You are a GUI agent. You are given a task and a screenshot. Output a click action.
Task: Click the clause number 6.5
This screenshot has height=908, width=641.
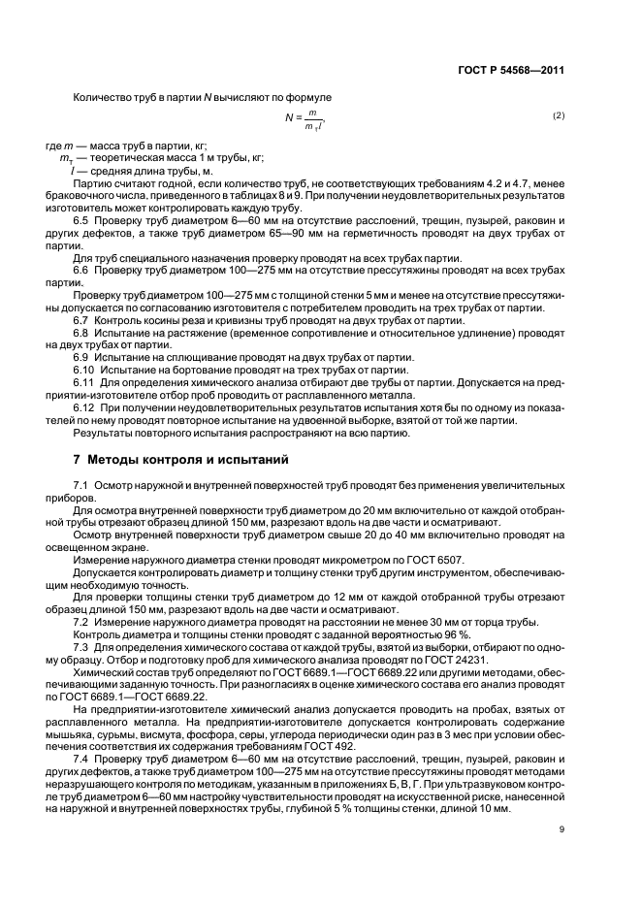[x=81, y=219]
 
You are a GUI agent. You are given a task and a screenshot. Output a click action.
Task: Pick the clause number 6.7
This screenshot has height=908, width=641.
[x=81, y=320]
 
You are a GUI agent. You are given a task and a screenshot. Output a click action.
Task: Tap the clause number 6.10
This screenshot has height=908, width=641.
[x=83, y=371]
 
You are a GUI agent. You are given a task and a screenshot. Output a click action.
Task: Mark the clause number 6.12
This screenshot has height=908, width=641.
[x=83, y=408]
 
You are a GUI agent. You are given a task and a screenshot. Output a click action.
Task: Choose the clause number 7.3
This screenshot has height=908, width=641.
[x=81, y=646]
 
